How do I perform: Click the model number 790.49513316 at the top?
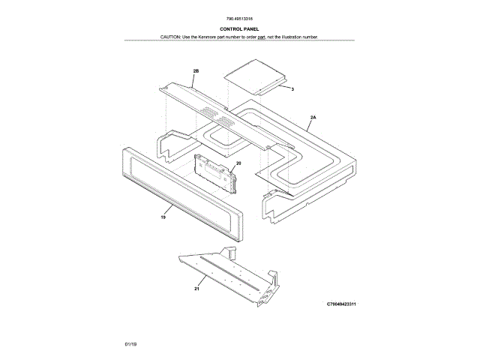tap(239, 20)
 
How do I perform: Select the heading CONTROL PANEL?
tap(239, 29)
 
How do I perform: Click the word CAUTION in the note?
tap(170, 37)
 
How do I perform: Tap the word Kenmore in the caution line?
tap(212, 37)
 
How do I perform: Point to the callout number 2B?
tap(196, 70)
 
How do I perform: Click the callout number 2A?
tap(313, 118)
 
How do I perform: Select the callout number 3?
tap(292, 89)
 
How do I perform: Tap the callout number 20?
tap(238, 163)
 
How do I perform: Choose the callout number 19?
tap(162, 217)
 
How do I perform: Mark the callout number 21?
tap(196, 287)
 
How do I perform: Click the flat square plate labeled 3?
tap(254, 78)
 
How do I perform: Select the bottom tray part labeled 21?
tap(232, 273)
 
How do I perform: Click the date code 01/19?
tap(131, 343)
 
